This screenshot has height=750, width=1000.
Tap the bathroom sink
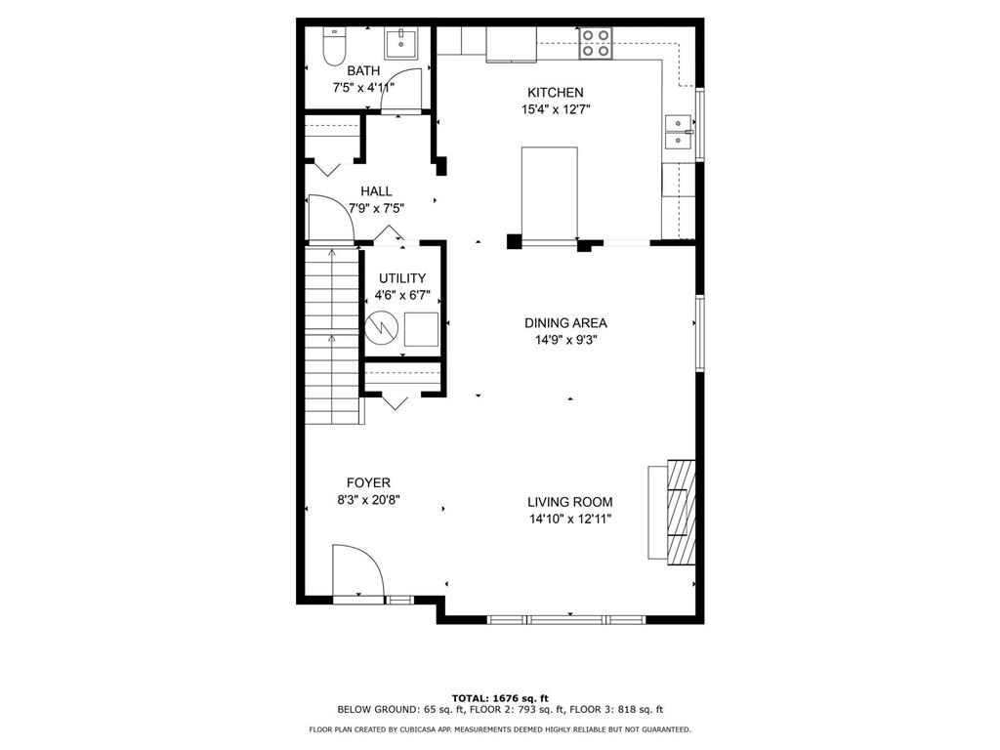(x=400, y=44)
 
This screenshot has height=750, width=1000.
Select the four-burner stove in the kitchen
(x=596, y=43)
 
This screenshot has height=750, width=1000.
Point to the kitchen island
(x=550, y=192)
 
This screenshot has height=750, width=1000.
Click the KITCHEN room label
(x=555, y=93)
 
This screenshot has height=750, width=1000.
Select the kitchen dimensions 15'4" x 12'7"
(x=555, y=110)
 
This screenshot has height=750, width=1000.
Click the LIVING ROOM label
(x=571, y=502)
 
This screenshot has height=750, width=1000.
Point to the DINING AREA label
(x=565, y=323)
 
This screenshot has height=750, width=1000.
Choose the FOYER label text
(x=368, y=482)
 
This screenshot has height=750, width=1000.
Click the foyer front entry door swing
(x=352, y=570)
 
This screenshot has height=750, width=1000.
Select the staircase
(x=332, y=332)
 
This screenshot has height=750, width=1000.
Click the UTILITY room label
(x=402, y=278)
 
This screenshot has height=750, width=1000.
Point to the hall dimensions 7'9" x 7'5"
(x=376, y=208)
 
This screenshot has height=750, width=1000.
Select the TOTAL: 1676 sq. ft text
(x=499, y=697)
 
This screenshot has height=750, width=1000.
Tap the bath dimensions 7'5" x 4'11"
(x=363, y=88)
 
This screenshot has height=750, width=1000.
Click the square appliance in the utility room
(x=423, y=330)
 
